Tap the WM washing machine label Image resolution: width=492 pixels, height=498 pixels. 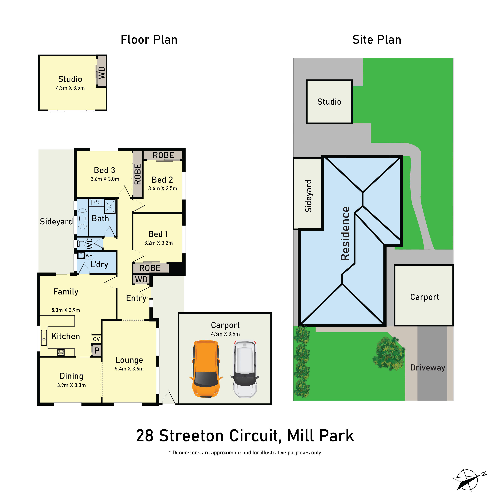pyautogui.click(x=89, y=256)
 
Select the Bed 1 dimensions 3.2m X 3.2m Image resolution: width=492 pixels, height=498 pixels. pyautogui.click(x=158, y=243)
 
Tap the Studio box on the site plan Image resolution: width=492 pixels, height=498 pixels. pyautogui.click(x=329, y=102)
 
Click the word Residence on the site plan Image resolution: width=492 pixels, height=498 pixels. pyautogui.click(x=345, y=233)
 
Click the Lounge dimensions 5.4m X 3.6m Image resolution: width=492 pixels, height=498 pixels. pyautogui.click(x=129, y=369)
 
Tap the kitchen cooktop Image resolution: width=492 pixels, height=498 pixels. pyautogui.click(x=61, y=352)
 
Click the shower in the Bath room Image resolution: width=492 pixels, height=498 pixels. pyautogui.click(x=110, y=206)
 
